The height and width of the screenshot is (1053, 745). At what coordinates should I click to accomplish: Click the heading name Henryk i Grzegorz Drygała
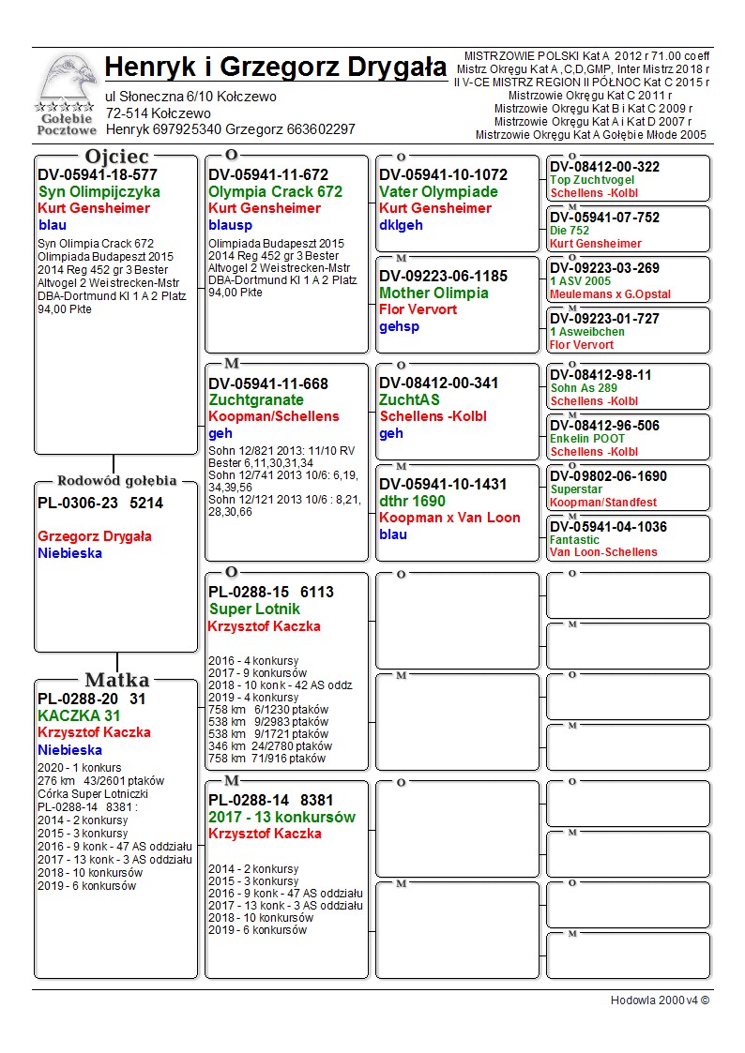[276, 68]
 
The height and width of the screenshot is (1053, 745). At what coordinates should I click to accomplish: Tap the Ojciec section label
[116, 157]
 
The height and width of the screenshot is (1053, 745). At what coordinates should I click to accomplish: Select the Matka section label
[116, 681]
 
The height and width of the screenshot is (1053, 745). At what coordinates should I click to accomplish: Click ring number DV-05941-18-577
[98, 174]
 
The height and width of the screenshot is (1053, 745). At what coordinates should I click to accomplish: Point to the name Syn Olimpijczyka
[99, 191]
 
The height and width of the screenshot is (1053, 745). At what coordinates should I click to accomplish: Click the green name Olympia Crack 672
[275, 191]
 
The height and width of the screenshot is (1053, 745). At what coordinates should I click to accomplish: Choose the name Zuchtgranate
[256, 399]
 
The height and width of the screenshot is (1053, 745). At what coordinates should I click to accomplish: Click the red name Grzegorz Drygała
[95, 536]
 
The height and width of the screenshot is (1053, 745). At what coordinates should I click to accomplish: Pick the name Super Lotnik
[254, 609]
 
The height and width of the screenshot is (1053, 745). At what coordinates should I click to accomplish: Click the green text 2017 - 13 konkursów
[281, 817]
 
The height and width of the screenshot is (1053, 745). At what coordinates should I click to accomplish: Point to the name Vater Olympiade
[438, 191]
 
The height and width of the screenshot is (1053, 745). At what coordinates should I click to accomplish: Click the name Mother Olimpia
[433, 293]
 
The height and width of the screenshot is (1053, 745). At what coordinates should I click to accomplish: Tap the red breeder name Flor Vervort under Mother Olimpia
[418, 309]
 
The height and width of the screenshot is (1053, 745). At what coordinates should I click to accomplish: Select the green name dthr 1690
[412, 501]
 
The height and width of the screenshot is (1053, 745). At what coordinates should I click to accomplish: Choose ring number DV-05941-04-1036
[608, 527]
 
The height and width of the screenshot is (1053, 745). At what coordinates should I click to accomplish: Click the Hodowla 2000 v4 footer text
[660, 1000]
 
